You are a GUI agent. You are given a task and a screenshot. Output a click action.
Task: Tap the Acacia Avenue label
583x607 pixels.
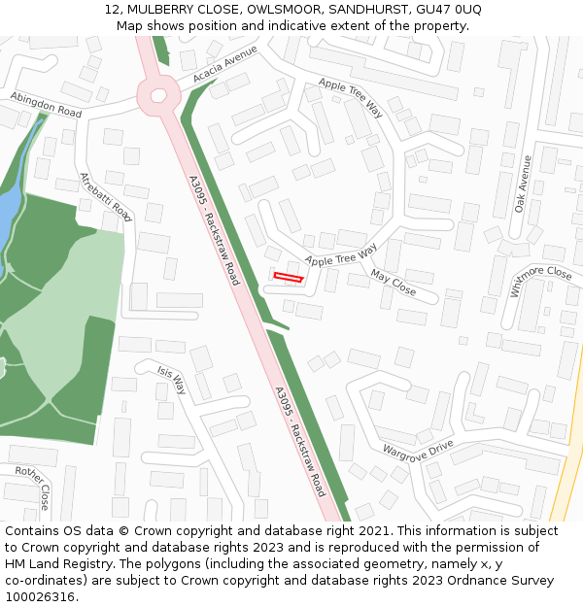[x=225, y=63]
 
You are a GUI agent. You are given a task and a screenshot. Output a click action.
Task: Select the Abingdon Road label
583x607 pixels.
[x=46, y=105]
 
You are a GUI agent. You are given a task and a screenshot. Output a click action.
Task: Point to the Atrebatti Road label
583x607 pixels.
[x=105, y=197]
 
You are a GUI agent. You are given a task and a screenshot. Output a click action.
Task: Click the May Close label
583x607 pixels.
[x=394, y=285]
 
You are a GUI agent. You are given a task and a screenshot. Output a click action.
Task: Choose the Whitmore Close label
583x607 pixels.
[x=540, y=281]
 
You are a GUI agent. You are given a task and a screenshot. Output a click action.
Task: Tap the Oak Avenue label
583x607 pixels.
[x=525, y=184]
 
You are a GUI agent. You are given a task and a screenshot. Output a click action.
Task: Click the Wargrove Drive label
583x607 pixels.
[x=418, y=451]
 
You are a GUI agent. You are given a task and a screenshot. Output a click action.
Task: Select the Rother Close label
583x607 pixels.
[x=32, y=488]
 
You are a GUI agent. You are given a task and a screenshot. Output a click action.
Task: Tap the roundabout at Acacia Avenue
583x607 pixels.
[x=157, y=95]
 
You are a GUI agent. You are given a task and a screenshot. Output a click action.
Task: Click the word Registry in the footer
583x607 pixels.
[x=85, y=564]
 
